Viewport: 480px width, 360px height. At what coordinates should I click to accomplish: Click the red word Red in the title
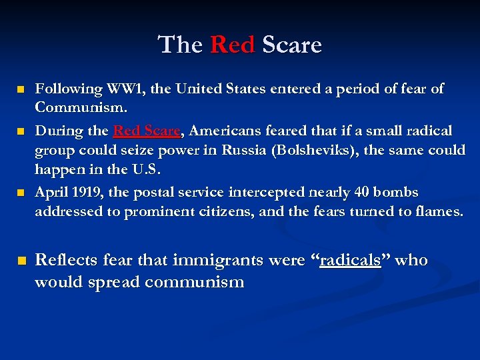[232, 45]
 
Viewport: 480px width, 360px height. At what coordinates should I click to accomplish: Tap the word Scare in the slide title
[292, 45]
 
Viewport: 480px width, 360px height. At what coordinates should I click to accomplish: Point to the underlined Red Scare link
[147, 131]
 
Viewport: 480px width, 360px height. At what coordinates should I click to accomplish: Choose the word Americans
[228, 131]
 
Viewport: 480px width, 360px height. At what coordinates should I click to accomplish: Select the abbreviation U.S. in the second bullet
[147, 169]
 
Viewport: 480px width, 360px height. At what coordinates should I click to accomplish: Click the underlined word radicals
[350, 260]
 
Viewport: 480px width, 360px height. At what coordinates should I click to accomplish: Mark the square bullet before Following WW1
[20, 89]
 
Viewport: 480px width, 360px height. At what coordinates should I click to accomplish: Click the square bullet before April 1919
[20, 193]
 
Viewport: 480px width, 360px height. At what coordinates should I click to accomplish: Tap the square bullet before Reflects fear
[21, 261]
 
